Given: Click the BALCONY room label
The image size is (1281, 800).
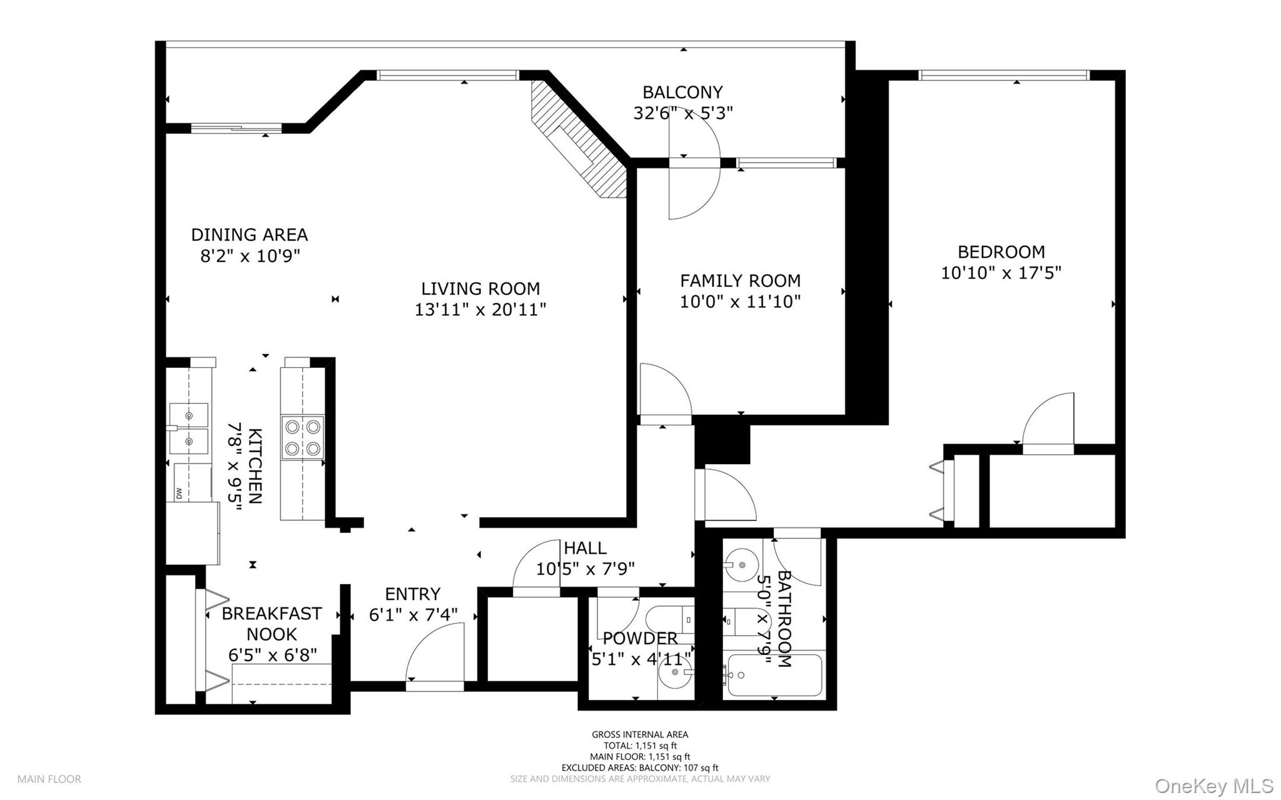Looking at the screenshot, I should point(682,93).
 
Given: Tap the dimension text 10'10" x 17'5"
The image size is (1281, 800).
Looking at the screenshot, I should point(1001,273).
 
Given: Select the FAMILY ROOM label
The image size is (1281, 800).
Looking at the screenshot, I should point(740,281).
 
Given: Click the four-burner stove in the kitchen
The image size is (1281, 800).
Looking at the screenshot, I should point(303,437).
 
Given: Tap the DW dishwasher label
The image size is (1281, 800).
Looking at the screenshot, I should point(179,493).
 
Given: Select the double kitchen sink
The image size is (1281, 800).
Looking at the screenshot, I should point(189,428).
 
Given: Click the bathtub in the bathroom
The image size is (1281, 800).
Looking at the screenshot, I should point(774,676).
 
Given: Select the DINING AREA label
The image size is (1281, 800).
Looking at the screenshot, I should point(249,235).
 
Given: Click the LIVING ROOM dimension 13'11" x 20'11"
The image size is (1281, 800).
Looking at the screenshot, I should point(480,310).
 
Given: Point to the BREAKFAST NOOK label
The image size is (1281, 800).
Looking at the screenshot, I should point(271,624).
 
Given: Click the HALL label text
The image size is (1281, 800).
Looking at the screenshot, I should point(585,549).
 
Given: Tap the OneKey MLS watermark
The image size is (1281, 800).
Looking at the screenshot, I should point(1213,786).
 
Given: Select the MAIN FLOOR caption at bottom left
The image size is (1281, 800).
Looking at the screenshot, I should point(49,779).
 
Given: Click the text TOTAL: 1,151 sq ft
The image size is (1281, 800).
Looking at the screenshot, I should point(640,746).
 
